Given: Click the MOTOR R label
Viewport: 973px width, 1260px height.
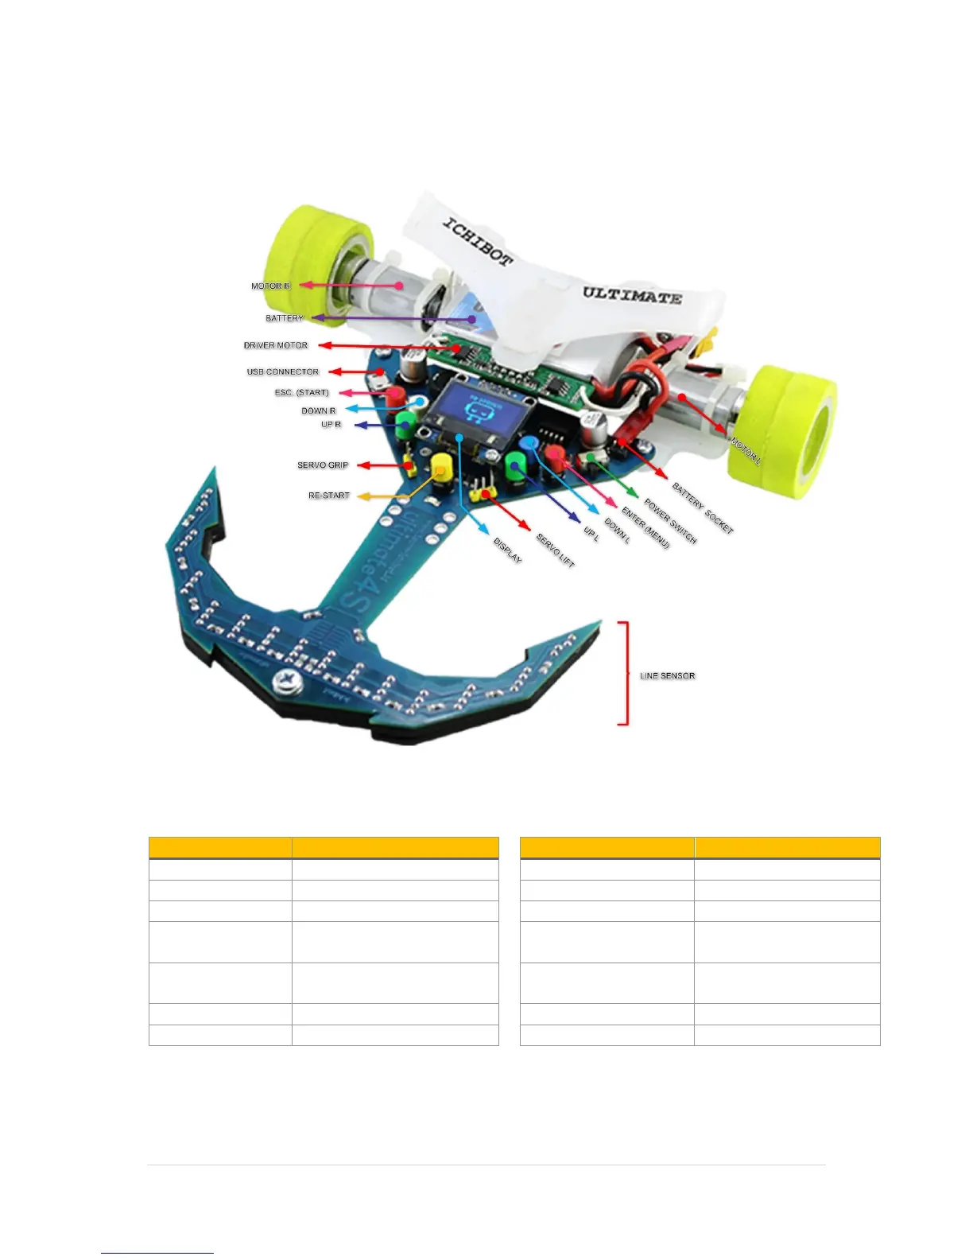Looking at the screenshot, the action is (270, 286).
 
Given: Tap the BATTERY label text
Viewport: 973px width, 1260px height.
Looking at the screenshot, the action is (285, 318).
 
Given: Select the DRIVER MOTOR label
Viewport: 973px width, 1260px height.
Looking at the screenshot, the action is (275, 345).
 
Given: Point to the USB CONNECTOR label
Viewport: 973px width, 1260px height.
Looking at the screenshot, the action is (282, 371).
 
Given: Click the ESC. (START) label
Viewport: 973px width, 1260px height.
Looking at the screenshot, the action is (301, 392).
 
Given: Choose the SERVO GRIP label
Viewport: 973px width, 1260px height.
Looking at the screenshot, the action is (323, 465).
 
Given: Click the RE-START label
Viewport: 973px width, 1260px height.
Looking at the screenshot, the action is (328, 495).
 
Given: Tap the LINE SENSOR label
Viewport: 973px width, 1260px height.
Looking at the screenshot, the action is (667, 675).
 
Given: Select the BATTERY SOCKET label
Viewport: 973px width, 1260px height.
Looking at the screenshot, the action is (703, 507).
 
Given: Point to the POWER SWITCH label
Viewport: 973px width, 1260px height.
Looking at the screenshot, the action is (670, 522).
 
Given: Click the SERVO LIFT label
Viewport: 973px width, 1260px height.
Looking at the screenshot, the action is (555, 550).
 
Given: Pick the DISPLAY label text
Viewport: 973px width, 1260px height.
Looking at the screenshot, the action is (508, 550).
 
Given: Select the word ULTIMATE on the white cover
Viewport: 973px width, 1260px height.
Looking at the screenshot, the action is (632, 295).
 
